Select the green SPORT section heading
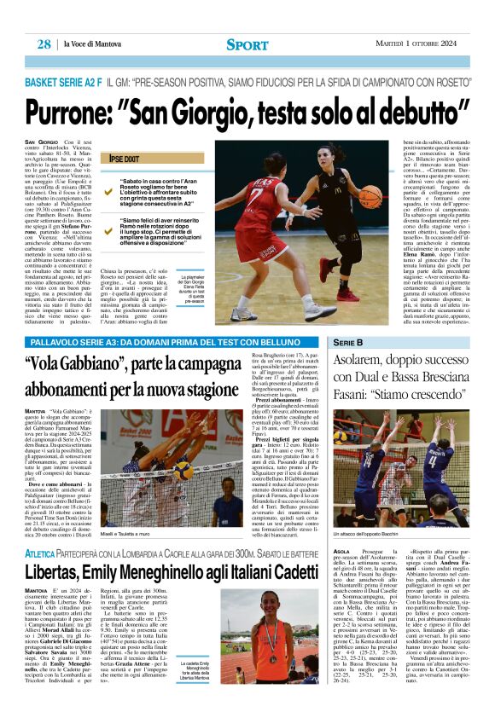tap(247, 44)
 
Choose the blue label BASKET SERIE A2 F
tap(64, 83)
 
